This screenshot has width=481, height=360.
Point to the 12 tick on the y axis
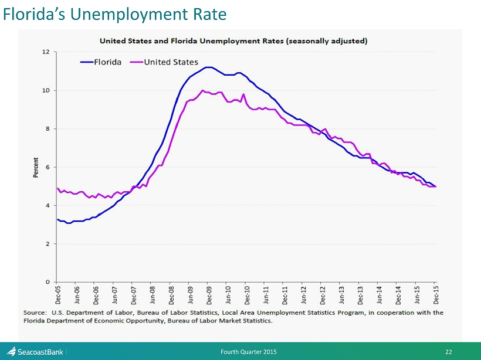[x=46, y=52]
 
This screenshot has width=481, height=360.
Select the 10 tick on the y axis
[x=46, y=90]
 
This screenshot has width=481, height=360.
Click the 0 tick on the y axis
[x=48, y=282]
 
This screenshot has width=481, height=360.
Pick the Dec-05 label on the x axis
[x=57, y=295]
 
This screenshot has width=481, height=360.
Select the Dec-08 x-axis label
[x=171, y=295]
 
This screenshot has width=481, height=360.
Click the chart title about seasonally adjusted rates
[x=233, y=41]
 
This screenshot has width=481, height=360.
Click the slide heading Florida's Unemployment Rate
[x=114, y=13]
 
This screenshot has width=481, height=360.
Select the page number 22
[x=449, y=352]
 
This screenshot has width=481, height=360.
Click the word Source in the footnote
[x=35, y=313]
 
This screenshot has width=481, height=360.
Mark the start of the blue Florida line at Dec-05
[x=57, y=219]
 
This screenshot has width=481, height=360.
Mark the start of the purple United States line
[x=57, y=188]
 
